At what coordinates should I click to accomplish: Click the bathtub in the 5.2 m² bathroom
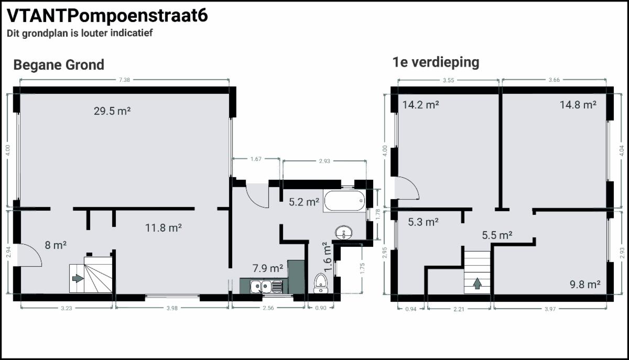(344, 201)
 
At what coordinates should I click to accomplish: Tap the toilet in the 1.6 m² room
(320, 283)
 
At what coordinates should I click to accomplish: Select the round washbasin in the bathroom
(344, 233)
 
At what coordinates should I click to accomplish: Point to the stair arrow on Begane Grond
(78, 279)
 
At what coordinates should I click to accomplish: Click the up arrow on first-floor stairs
(478, 283)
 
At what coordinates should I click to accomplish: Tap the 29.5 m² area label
(112, 111)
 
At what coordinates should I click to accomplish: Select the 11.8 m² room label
(163, 228)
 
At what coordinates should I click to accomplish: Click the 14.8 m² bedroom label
(578, 105)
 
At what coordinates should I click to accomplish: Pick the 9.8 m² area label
(585, 285)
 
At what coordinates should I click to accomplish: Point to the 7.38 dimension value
(124, 80)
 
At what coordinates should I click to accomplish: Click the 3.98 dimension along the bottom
(172, 308)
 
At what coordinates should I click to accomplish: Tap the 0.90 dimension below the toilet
(321, 308)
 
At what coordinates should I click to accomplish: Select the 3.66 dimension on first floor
(554, 80)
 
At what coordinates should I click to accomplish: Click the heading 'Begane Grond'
(59, 64)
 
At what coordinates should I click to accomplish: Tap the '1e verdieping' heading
(436, 62)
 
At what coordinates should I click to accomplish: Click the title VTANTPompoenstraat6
(107, 15)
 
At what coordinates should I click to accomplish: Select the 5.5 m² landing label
(497, 235)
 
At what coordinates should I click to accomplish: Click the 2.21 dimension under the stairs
(459, 309)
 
